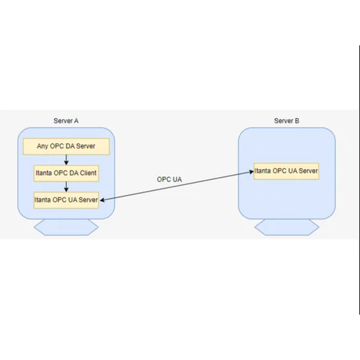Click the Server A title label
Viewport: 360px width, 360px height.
[66, 121]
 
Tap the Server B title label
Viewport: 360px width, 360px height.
[287, 121]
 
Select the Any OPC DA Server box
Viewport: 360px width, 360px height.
[66, 146]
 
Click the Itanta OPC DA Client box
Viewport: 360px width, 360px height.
[66, 173]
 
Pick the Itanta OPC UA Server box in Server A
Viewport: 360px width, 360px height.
[66, 200]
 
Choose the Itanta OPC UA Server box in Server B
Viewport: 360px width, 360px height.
[287, 171]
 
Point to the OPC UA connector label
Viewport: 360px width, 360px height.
[169, 179]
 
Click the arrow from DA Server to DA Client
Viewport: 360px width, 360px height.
[66, 160]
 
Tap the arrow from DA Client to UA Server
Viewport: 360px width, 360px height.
[66, 186]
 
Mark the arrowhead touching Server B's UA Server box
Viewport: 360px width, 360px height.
[251, 171]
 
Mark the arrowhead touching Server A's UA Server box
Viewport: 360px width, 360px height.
[102, 199]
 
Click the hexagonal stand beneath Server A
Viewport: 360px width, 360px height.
[66, 227]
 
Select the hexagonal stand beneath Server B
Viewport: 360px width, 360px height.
[287, 227]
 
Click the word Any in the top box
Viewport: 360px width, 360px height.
[42, 146]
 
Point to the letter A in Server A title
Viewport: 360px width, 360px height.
[76, 121]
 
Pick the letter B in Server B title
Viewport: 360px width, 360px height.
[297, 121]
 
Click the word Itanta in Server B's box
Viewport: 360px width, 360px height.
[263, 171]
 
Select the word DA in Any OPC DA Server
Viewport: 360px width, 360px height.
[70, 146]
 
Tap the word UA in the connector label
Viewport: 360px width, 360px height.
[177, 179]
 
